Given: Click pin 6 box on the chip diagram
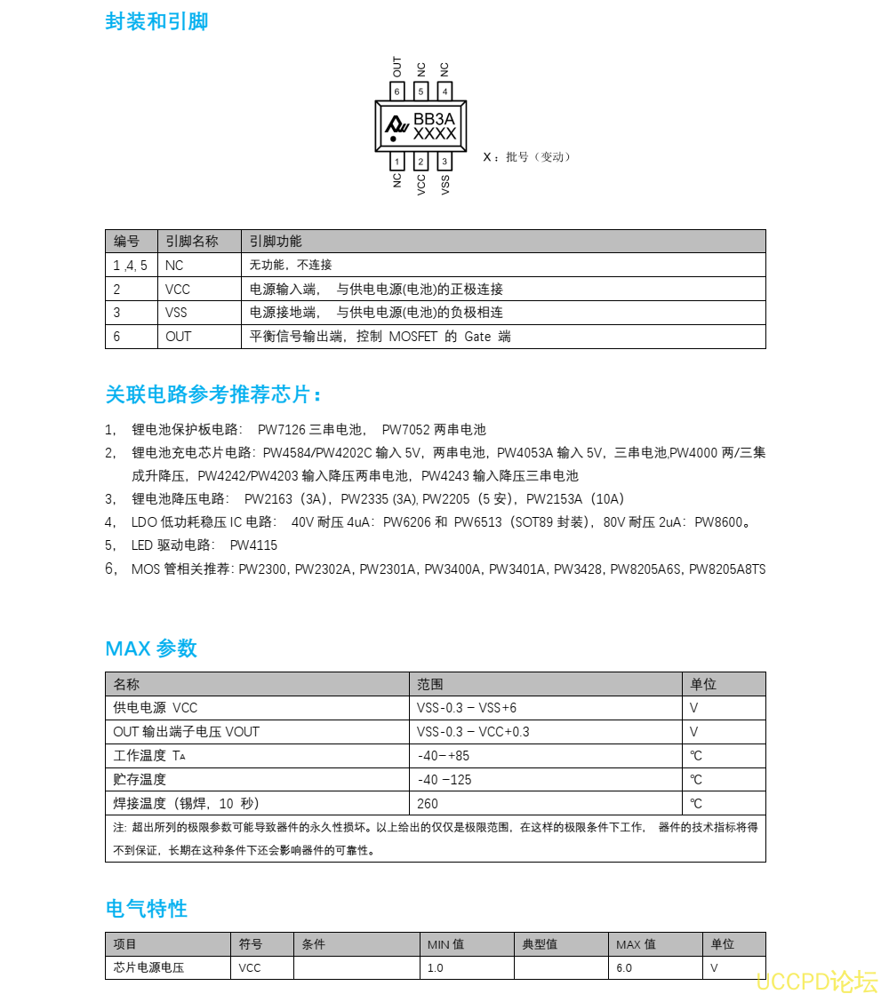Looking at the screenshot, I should (397, 91).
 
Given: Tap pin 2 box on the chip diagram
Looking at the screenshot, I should (420, 162).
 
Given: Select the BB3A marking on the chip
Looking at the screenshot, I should (435, 118).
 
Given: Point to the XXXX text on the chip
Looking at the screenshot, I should (435, 134).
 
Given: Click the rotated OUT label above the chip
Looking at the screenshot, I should (397, 67).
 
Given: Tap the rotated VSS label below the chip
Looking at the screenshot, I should (445, 183).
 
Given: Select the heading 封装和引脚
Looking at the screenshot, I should (156, 22).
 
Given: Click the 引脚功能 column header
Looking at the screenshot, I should (276, 242).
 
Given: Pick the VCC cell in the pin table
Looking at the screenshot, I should (178, 290).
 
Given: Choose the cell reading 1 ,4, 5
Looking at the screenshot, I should (130, 266).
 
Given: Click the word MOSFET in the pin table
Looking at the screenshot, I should (413, 338).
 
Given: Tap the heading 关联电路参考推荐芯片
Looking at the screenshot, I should (213, 394).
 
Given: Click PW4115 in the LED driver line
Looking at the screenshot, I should (253, 545).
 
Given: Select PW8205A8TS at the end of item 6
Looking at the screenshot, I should (727, 569).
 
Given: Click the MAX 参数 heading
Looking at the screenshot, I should (151, 648).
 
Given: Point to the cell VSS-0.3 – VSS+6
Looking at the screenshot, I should (467, 708).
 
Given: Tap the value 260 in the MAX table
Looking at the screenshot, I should (428, 804).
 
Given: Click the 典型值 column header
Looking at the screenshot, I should (540, 944).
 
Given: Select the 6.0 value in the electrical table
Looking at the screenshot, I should (624, 967).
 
